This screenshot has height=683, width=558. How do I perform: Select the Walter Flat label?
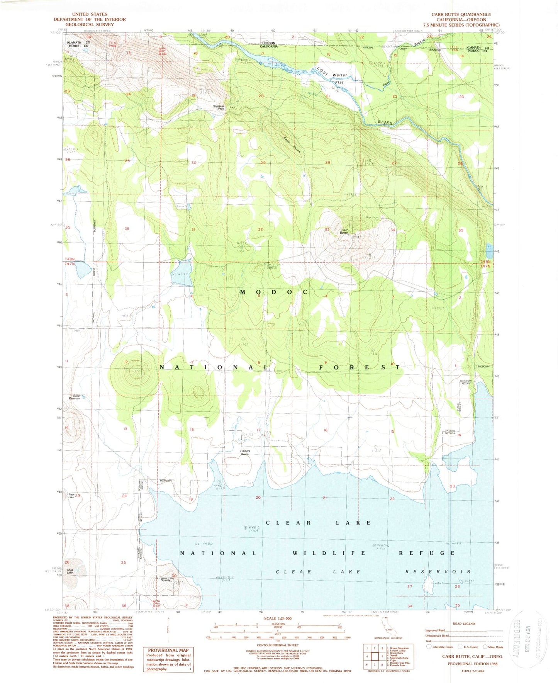(339, 78)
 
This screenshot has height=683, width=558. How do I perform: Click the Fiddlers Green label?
(245, 452)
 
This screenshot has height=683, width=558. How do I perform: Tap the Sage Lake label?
(71, 496)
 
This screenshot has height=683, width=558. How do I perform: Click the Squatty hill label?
(166, 580)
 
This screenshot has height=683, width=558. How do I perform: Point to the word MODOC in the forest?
(274, 292)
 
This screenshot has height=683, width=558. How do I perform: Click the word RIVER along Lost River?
(385, 122)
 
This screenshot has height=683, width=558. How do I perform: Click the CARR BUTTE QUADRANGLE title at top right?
(461, 14)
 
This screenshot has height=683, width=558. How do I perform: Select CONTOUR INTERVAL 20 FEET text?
(278, 646)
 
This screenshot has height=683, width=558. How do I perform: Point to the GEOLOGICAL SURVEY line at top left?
(90, 24)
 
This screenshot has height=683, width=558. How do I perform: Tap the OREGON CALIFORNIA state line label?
(269, 44)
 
